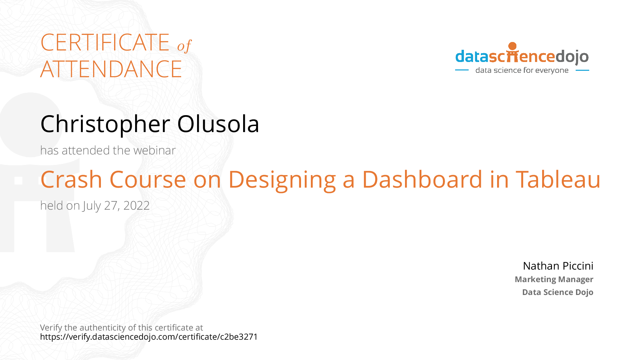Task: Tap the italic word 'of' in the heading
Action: click(184, 46)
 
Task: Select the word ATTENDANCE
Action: click(111, 69)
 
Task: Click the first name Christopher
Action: click(105, 125)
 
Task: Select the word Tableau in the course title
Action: click(558, 179)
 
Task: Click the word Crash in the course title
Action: click(71, 179)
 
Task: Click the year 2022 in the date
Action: click(136, 206)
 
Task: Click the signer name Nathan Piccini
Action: click(558, 266)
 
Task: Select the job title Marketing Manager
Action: click(554, 279)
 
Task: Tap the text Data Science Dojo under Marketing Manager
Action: click(558, 292)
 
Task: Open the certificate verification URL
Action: click(149, 337)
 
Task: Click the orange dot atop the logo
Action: click(513, 46)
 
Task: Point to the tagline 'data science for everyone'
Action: click(522, 70)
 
